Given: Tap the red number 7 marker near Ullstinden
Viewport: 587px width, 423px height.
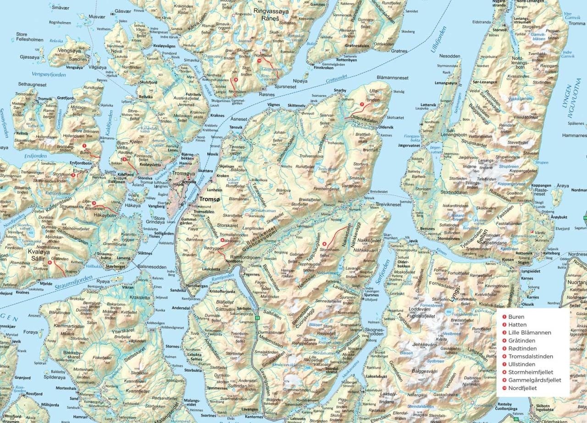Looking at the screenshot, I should coord(362,105).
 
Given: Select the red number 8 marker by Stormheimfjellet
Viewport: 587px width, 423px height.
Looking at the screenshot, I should coord(324,244).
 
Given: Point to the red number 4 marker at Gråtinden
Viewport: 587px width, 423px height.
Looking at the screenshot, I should coord(50,262).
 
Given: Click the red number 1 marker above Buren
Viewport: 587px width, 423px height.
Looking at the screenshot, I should coord(84,145).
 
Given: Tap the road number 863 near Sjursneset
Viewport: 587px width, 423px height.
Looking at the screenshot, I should coord(263,87).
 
